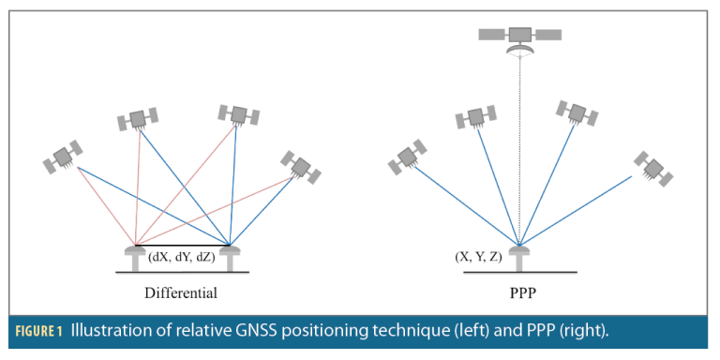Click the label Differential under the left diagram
181,293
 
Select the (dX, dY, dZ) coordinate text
183,255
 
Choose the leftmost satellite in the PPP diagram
409,157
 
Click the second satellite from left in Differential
138,119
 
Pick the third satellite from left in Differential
238,114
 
